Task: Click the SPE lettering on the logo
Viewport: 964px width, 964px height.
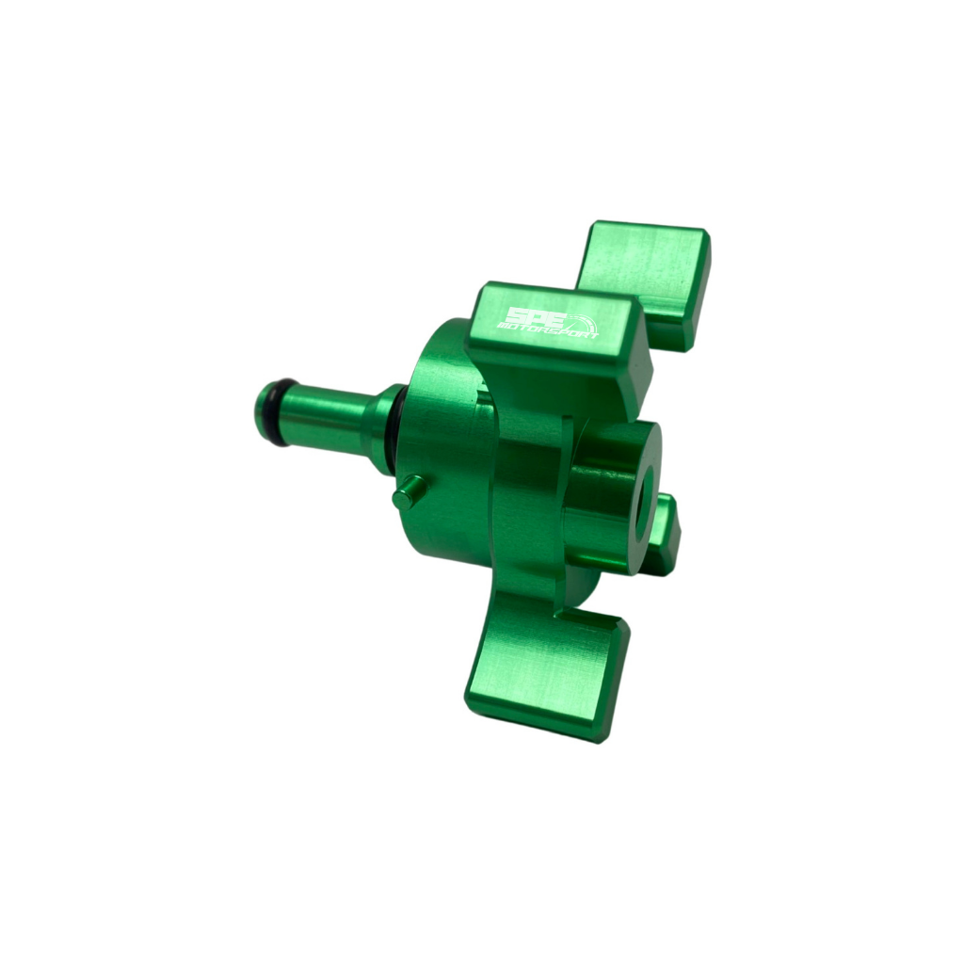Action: (529, 318)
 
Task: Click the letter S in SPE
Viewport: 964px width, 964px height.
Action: (516, 315)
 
